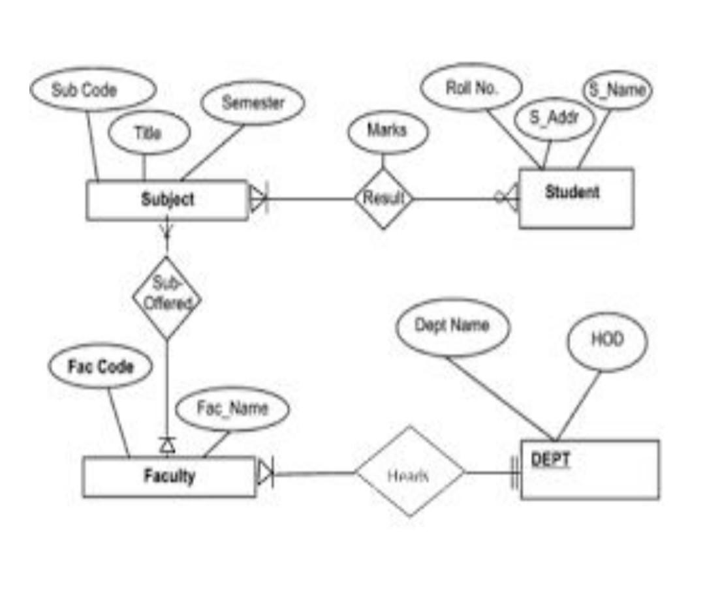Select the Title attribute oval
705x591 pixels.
148,133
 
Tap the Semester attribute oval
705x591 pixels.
253,103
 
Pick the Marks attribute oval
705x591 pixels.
388,131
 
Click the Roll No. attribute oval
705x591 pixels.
471,87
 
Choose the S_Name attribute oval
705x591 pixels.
617,90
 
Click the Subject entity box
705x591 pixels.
167,200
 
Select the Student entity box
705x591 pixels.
576,198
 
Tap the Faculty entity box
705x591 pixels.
169,476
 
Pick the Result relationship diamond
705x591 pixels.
384,198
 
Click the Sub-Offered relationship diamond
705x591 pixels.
167,297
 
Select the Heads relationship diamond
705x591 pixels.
409,473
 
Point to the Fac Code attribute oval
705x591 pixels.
101,367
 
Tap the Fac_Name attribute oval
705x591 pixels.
232,409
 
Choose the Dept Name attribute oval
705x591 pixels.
452,326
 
